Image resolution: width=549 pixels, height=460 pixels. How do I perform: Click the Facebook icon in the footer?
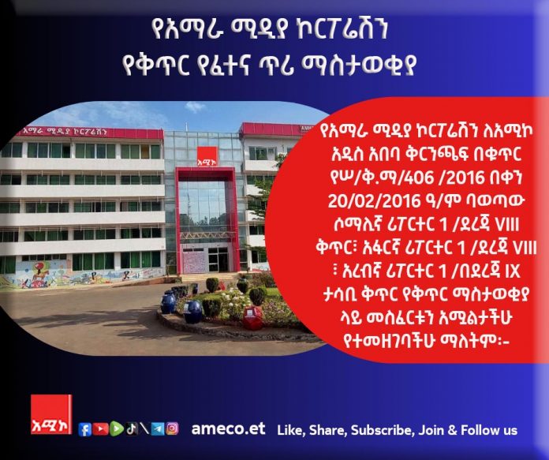pyautogui.click(x=84, y=428)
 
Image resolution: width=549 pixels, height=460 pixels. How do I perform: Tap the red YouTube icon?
pyautogui.click(x=100, y=428)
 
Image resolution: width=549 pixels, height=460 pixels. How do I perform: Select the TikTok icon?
pyautogui.click(x=132, y=428)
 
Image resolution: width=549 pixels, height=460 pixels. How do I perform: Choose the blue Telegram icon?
pyautogui.click(x=158, y=428)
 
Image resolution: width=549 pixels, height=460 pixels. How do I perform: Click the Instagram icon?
pyautogui.click(x=172, y=428)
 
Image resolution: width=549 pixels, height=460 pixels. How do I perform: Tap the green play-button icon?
pyautogui.click(x=117, y=428)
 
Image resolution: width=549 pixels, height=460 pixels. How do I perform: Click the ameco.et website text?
pyautogui.click(x=228, y=429)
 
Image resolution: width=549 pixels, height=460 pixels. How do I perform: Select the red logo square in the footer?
pyautogui.click(x=51, y=414)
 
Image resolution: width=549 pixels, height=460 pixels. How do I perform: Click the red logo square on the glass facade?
pyautogui.click(x=207, y=157)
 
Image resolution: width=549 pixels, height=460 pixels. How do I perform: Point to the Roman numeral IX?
pyautogui.click(x=513, y=271)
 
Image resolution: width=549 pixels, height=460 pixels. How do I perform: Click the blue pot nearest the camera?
pyautogui.click(x=193, y=312)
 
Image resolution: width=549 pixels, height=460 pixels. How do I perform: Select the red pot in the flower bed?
pyautogui.click(x=252, y=319)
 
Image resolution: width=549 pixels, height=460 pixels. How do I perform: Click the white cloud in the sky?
pyautogui.click(x=195, y=107)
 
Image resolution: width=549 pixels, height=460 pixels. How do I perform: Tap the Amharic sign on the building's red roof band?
pyautogui.click(x=65, y=132)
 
